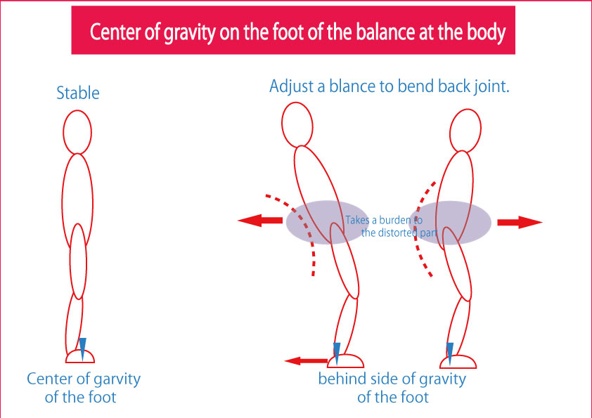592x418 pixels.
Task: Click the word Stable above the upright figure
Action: pos(78,93)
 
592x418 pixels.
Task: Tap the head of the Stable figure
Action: pos(77,132)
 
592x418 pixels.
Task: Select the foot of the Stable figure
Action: pos(80,356)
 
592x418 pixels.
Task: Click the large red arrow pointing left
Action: pos(260,221)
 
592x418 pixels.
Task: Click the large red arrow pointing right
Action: pos(520,222)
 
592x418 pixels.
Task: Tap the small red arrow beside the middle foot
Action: pos(306,361)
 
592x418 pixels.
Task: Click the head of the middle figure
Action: pos(297,124)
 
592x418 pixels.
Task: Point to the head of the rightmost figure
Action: pos(465,131)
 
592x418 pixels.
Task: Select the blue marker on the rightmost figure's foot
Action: pos(450,354)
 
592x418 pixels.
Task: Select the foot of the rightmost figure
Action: pos(458,361)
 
